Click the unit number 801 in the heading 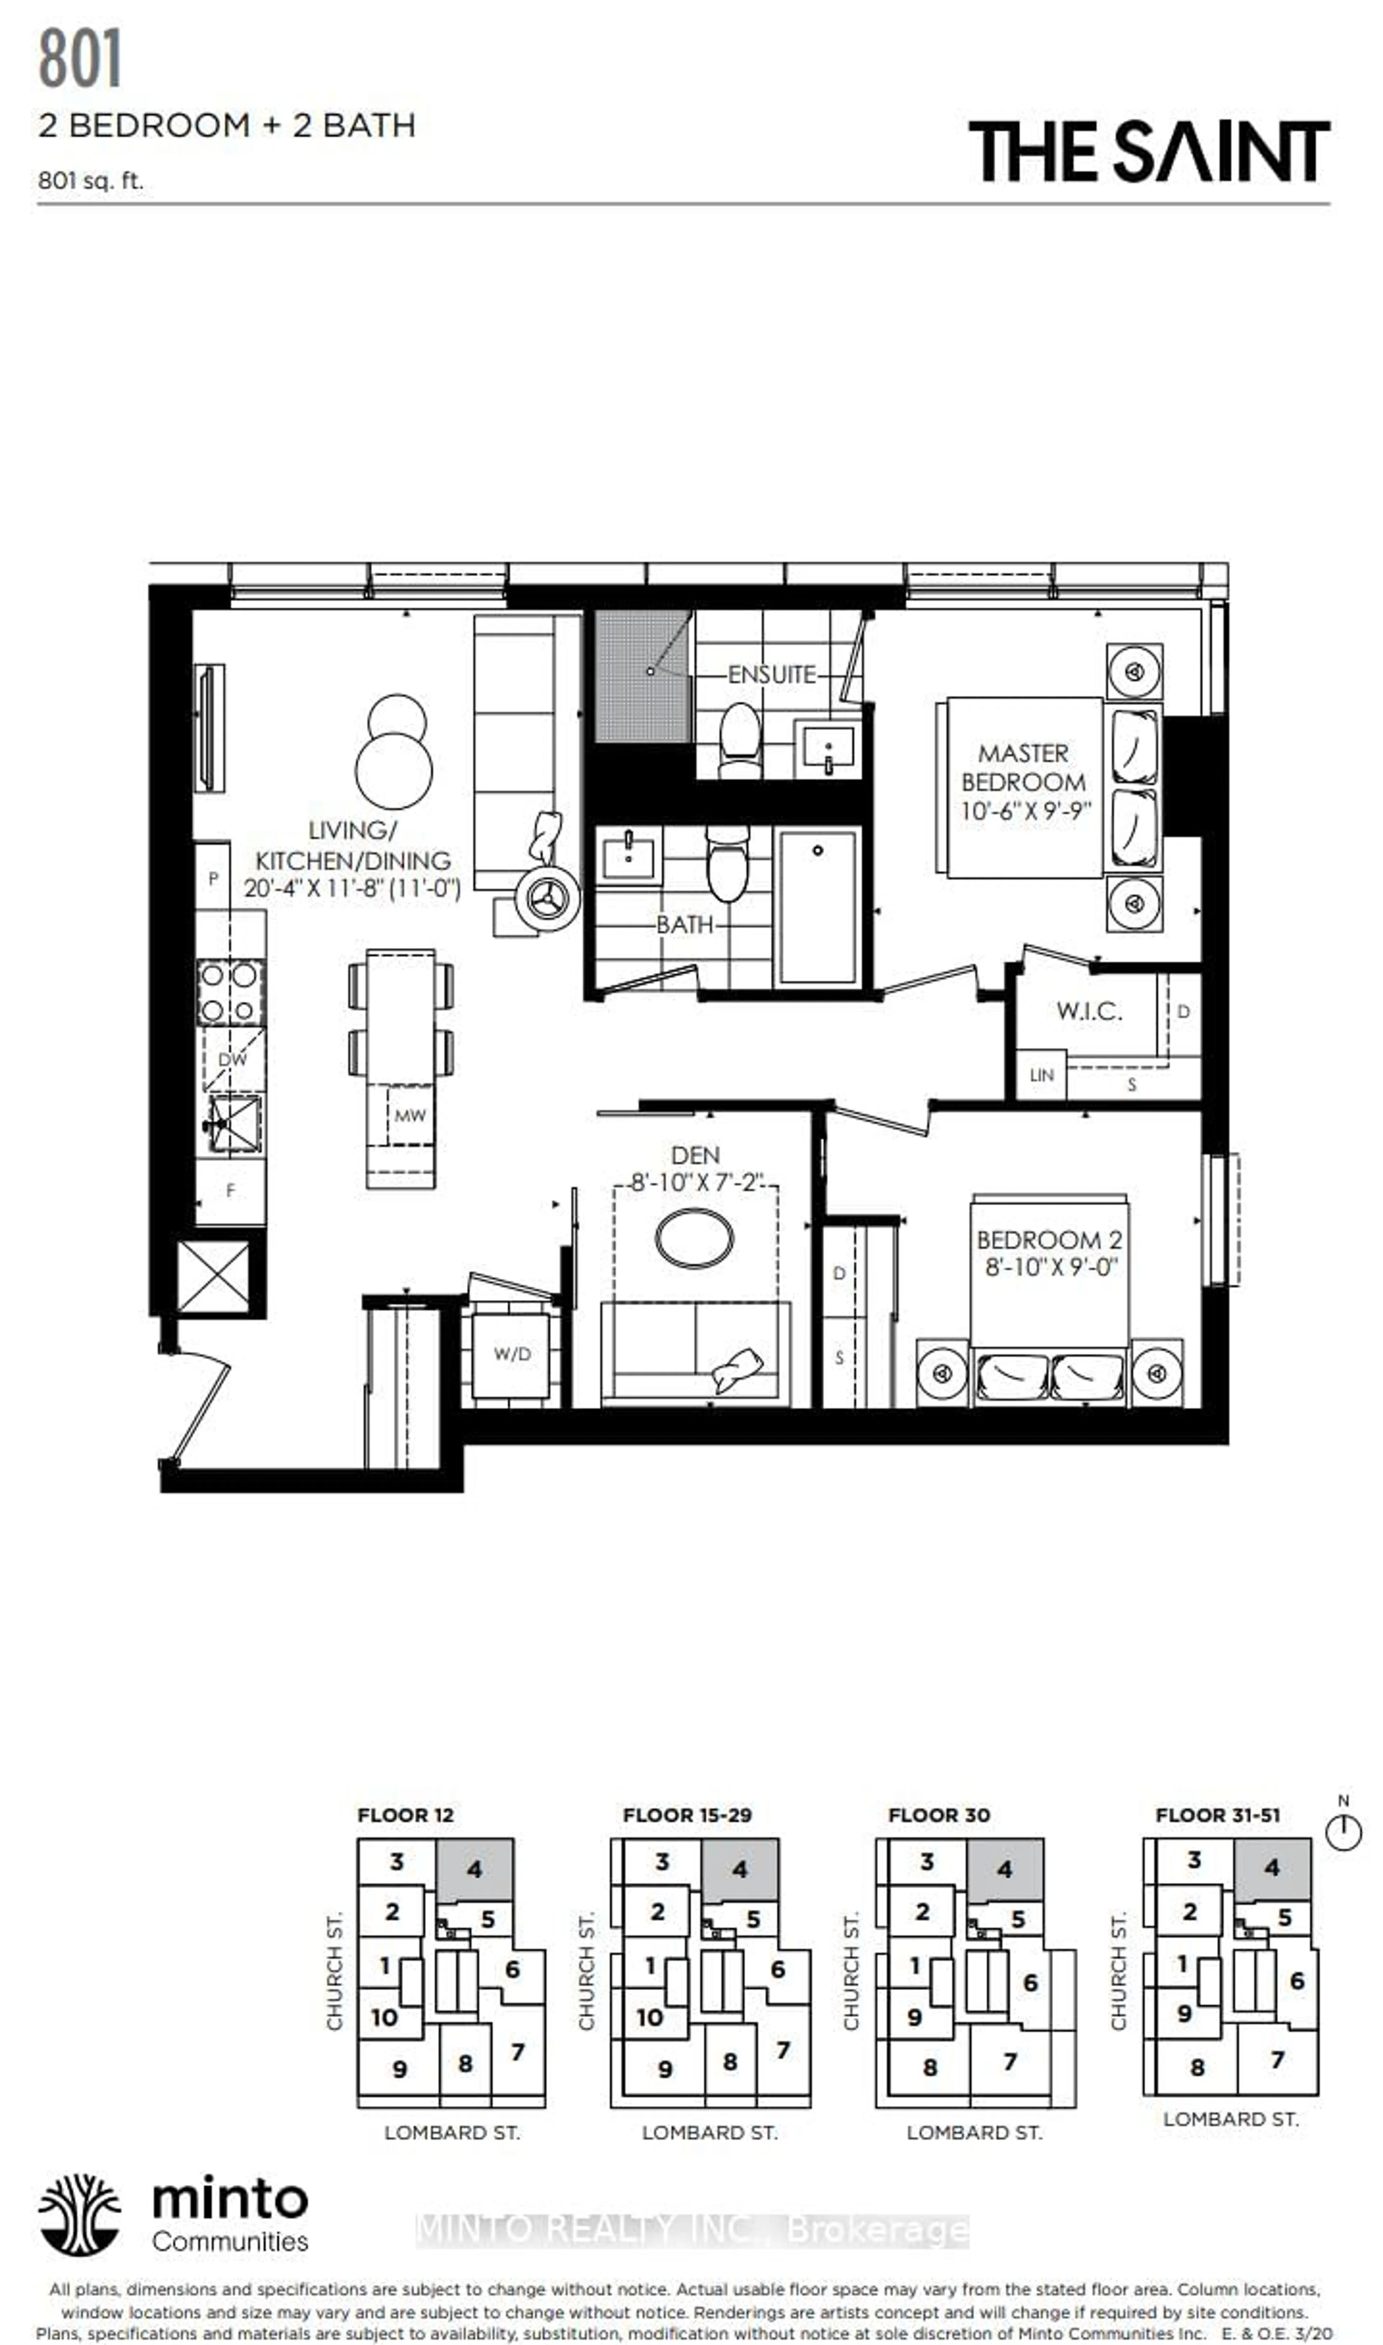80,60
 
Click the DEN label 695,1156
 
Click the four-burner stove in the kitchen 229,993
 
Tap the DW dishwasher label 232,1060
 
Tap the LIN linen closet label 1041,1075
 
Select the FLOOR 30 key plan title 939,1815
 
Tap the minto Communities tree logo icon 79,2215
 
